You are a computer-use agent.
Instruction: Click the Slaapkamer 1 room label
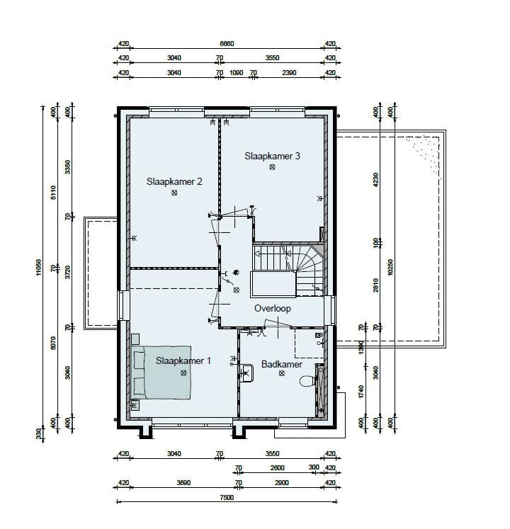[183, 360]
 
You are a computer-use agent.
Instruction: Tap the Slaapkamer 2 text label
[174, 181]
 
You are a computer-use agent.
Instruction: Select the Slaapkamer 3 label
[272, 156]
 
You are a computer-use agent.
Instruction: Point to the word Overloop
[273, 309]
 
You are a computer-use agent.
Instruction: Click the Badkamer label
[281, 364]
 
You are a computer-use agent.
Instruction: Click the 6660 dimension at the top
[227, 44]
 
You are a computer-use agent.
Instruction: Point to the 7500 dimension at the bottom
[227, 498]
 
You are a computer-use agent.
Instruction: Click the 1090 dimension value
[237, 72]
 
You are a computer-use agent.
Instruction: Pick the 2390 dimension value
[290, 72]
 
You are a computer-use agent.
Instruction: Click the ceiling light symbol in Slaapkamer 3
[272, 167]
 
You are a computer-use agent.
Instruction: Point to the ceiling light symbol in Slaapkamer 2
[174, 193]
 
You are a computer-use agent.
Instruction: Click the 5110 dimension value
[54, 193]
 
